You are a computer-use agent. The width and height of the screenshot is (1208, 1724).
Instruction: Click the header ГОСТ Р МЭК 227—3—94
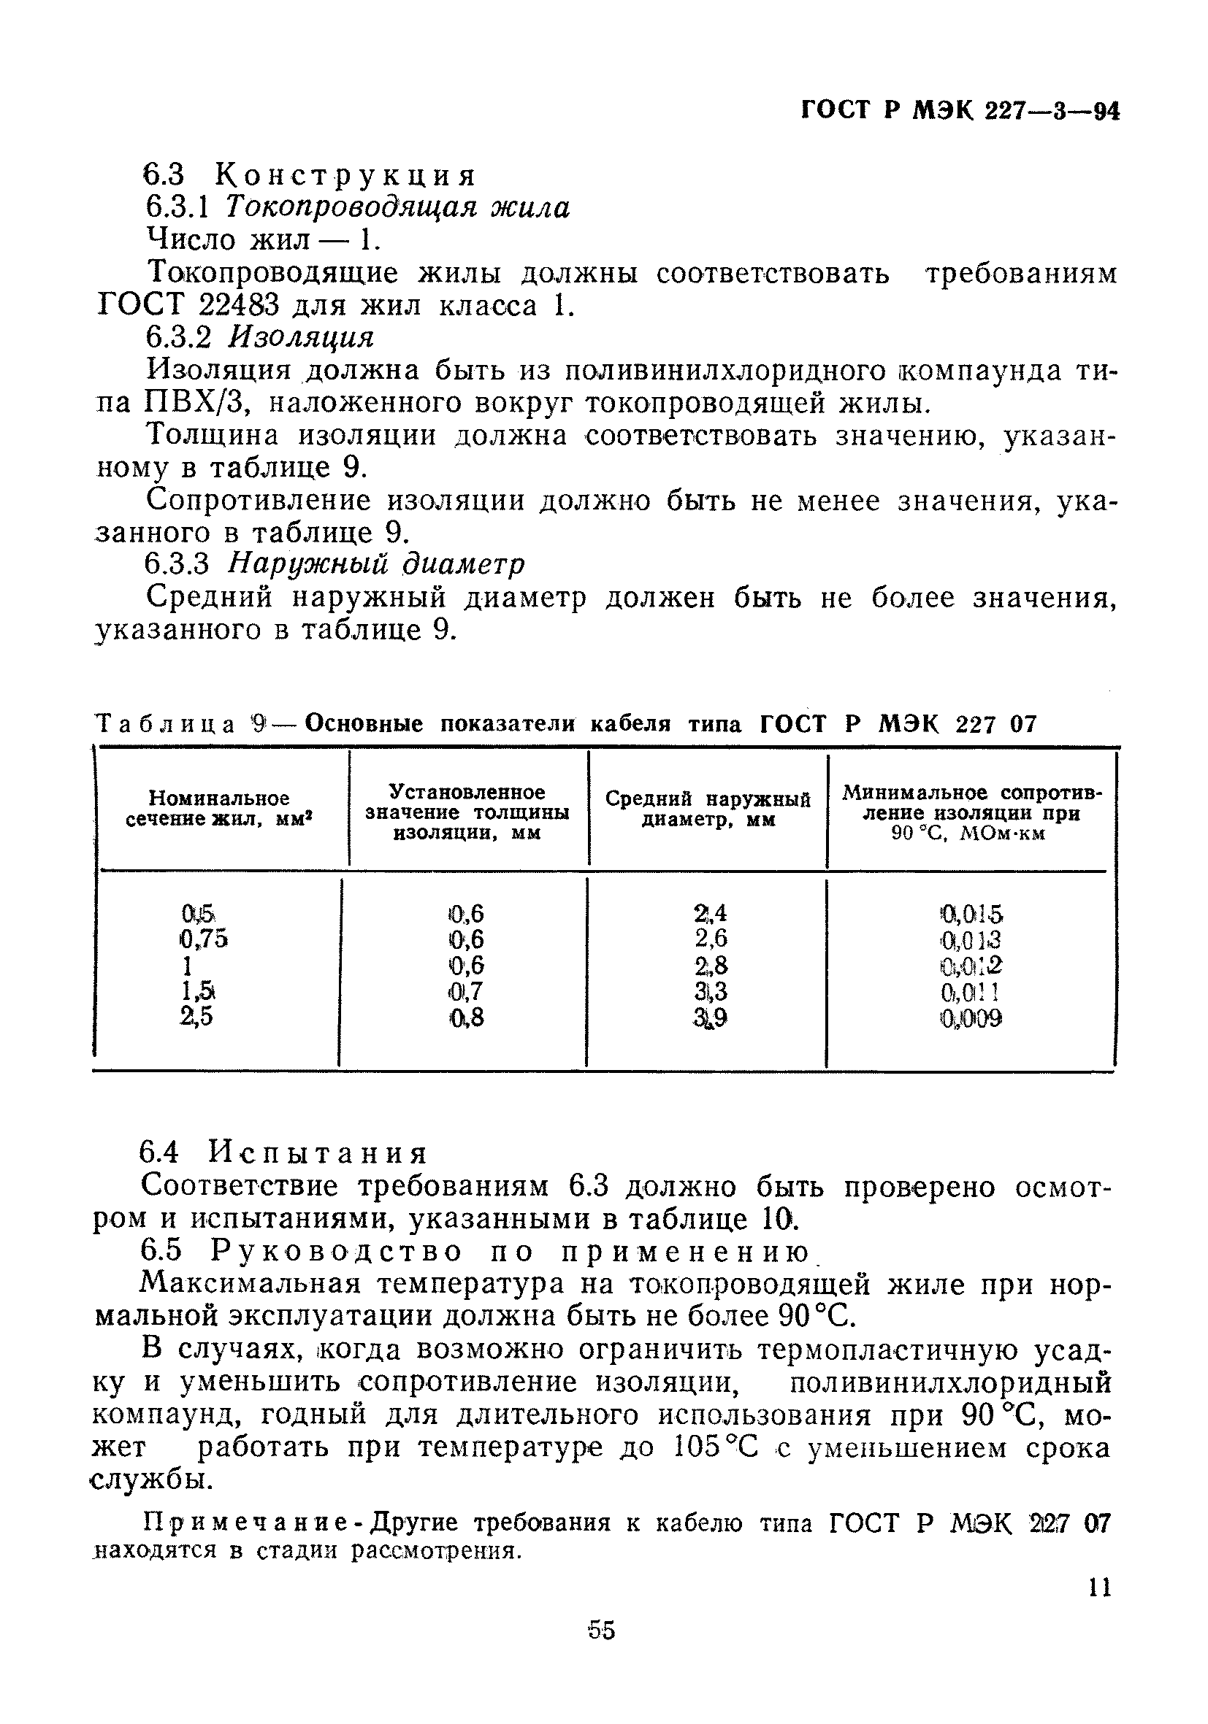click(x=960, y=111)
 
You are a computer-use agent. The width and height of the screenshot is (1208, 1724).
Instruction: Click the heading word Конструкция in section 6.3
click(x=345, y=176)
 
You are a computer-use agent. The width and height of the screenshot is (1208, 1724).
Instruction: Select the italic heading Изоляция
click(x=300, y=337)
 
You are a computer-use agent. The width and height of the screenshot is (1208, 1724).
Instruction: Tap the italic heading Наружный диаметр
click(x=375, y=563)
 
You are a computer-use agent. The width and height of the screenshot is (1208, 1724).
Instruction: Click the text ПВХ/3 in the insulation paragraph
click(x=194, y=403)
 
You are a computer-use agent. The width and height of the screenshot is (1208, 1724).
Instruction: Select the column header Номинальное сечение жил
click(x=218, y=808)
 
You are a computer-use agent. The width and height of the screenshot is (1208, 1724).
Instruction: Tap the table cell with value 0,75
click(x=204, y=939)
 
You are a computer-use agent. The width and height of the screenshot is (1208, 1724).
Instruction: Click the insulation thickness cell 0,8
click(x=466, y=1018)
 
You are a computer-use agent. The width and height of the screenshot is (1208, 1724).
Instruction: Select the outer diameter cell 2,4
click(x=711, y=913)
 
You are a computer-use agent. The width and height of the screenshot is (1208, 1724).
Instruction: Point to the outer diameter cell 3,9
click(x=711, y=1018)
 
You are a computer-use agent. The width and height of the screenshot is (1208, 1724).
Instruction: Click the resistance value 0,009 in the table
click(x=971, y=1018)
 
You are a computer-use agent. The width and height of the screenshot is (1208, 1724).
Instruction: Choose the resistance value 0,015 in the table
click(x=971, y=914)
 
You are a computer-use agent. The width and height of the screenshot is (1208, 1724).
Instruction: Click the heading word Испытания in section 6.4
click(x=318, y=1152)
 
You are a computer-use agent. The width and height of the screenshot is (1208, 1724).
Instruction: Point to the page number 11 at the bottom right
click(x=1099, y=1589)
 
